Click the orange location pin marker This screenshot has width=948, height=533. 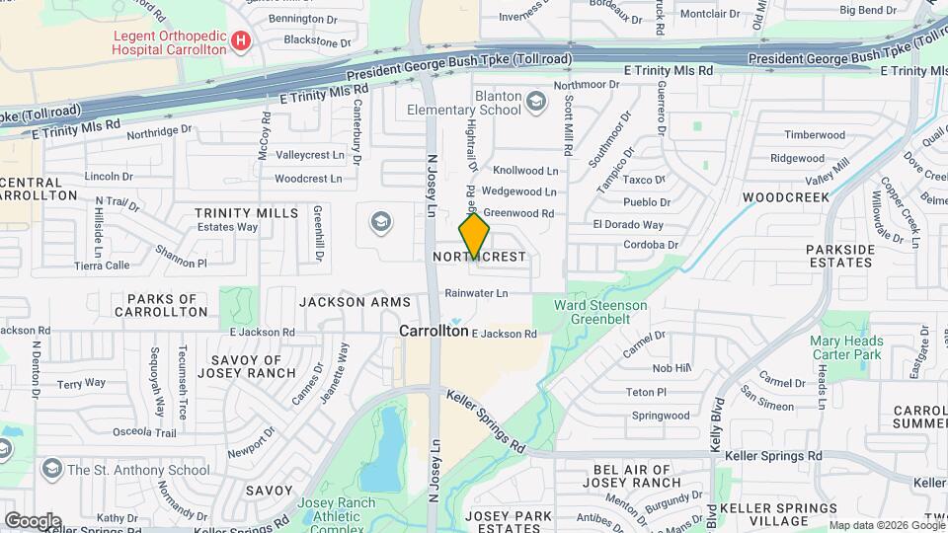pyautogui.click(x=474, y=237)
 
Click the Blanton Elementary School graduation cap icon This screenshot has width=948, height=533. pyautogui.click(x=536, y=100)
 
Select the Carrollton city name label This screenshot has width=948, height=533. pyautogui.click(x=434, y=332)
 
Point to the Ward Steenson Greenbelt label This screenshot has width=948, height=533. pyautogui.click(x=600, y=312)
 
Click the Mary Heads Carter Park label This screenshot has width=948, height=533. pyautogui.click(x=846, y=347)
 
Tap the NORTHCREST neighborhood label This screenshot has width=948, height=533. pyautogui.click(x=480, y=257)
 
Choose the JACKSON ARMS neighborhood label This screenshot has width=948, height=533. pyautogui.click(x=354, y=302)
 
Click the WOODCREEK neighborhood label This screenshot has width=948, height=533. pyautogui.click(x=786, y=197)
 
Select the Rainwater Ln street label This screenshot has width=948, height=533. pyautogui.click(x=476, y=293)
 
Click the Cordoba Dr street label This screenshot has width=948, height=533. pyautogui.click(x=652, y=245)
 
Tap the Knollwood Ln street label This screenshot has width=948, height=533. pyautogui.click(x=525, y=171)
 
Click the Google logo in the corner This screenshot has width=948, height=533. pyautogui.click(x=33, y=521)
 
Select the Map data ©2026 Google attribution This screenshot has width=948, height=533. pyautogui.click(x=885, y=525)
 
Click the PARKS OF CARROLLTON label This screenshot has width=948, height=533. pyautogui.click(x=162, y=305)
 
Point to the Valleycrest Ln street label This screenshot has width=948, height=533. pyautogui.click(x=316, y=155)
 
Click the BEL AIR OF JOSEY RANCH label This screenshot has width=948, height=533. pyautogui.click(x=632, y=476)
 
